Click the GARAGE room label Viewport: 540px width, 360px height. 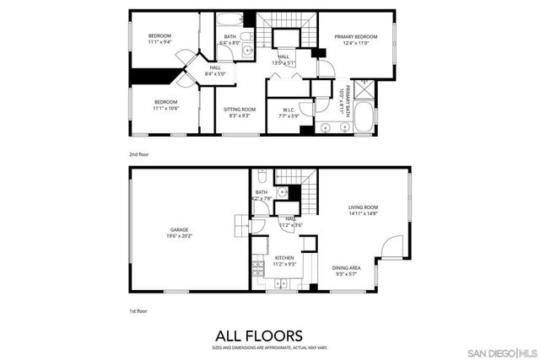[179, 229]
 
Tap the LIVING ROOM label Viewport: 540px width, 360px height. [364, 207]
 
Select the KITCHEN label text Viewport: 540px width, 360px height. [284, 258]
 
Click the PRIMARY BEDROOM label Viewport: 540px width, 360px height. [355, 36]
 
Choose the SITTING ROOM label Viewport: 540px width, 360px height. [240, 110]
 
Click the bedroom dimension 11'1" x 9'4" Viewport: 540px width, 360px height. [160, 41]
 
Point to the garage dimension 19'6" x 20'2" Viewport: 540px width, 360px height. [179, 236]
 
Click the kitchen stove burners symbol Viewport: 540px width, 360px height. [256, 270]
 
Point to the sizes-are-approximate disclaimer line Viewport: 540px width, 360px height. [269, 347]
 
